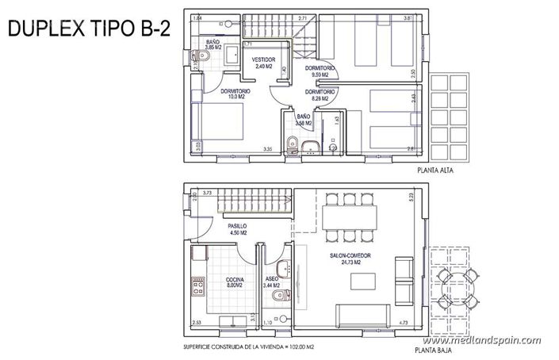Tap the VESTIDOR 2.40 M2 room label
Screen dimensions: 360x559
tap(263, 63)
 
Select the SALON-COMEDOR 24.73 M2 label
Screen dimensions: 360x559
tap(350, 259)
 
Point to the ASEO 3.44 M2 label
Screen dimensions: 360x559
tap(271, 283)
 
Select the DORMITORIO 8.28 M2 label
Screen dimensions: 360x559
tap(320, 96)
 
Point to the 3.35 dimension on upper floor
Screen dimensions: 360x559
tap(269, 150)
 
